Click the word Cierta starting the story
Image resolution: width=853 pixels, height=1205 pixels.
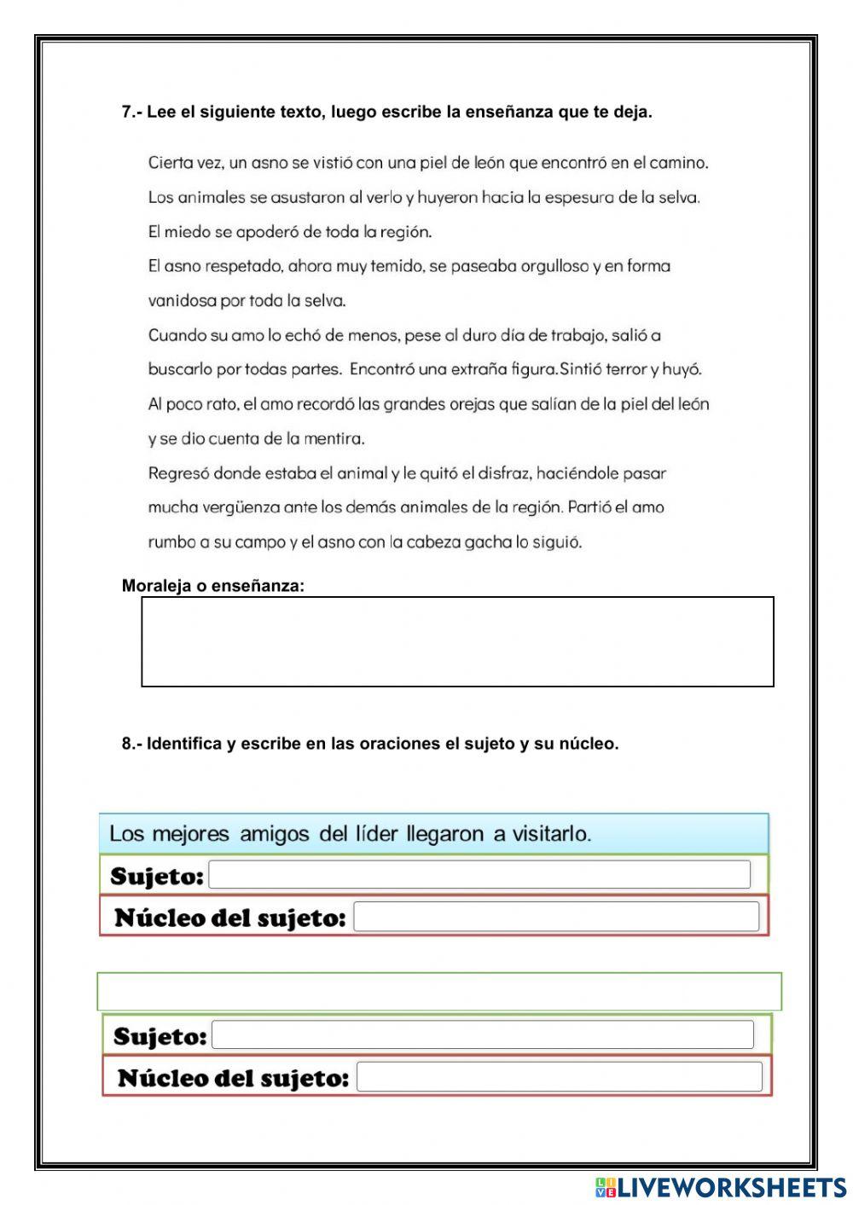[x=171, y=162]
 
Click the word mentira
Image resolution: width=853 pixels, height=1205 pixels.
[x=334, y=439]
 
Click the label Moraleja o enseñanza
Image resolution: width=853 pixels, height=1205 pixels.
[x=212, y=586]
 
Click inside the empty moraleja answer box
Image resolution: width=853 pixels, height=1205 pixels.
[x=457, y=641]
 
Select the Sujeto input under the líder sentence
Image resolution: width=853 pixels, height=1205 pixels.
[x=479, y=875]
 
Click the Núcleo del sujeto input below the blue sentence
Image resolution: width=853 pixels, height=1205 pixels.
[x=555, y=917]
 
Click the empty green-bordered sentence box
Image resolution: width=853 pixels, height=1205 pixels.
[x=439, y=992]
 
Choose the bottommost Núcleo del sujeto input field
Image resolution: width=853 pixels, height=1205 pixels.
[x=559, y=1077]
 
